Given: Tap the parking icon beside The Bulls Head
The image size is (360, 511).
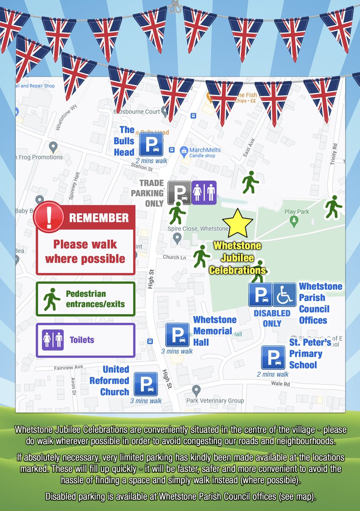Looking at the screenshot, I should tap(151, 144).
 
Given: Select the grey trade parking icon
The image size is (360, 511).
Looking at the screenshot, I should tap(179, 193).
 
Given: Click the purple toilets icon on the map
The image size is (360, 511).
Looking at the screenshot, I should tap(204, 193).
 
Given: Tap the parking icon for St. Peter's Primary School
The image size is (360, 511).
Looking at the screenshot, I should tap(273, 357).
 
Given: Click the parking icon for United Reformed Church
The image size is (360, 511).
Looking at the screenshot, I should tap(146, 384).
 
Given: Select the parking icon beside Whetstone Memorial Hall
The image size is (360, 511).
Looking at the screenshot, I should tap(177, 335).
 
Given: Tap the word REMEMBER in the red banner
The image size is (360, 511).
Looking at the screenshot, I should tap(99, 218).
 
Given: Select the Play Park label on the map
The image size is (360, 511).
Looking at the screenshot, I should tap(296, 212).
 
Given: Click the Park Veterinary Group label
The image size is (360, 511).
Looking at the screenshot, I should tap(215, 400).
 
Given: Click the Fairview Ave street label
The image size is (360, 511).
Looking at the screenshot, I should tap(69, 367).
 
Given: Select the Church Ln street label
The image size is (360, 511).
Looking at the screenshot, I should tap(174, 257).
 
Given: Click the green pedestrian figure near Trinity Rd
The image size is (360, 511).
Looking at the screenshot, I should tap(333, 207).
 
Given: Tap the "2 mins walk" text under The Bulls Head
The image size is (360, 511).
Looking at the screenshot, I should tap(151, 161).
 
